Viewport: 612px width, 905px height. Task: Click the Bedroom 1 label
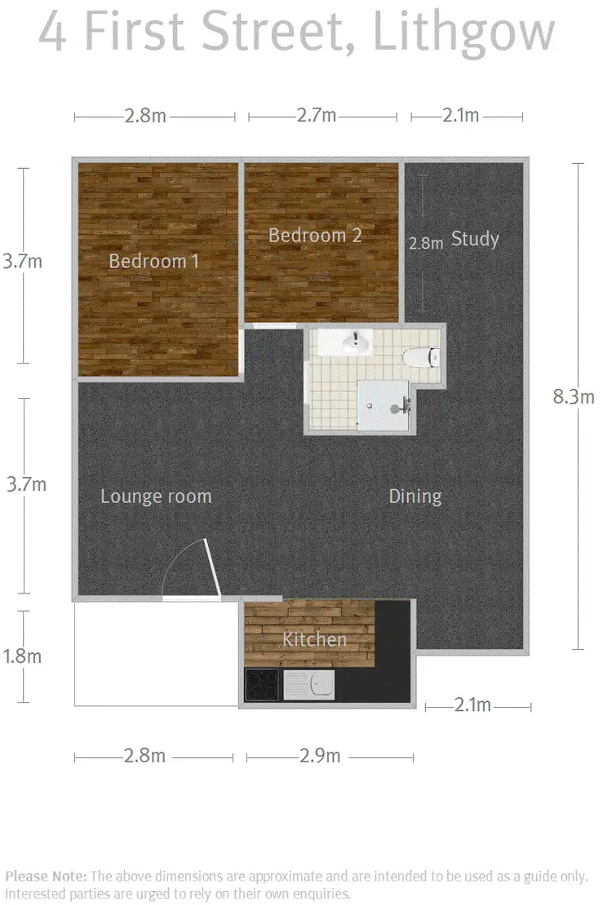pyautogui.click(x=154, y=261)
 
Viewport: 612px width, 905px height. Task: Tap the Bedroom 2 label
pyautogui.click(x=315, y=236)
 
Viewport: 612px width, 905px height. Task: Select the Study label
pyautogui.click(x=475, y=239)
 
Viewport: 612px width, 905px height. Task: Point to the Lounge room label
pyautogui.click(x=156, y=496)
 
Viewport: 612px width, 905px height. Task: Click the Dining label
pyautogui.click(x=415, y=496)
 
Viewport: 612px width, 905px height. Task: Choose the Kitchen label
pyautogui.click(x=315, y=639)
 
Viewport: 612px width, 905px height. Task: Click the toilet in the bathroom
pyautogui.click(x=423, y=355)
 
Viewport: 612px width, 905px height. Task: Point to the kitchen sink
pyautogui.click(x=310, y=685)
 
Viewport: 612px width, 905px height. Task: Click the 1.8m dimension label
pyautogui.click(x=23, y=656)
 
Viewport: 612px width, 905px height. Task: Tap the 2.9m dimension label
pyautogui.click(x=320, y=756)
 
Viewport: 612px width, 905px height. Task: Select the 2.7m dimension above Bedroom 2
pyautogui.click(x=317, y=116)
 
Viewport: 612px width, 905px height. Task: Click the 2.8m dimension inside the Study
pyautogui.click(x=426, y=242)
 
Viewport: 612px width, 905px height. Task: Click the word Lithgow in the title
pyautogui.click(x=463, y=33)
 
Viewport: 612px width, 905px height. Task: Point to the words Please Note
pyautogui.click(x=45, y=876)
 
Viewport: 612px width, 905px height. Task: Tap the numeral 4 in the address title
pyautogui.click(x=53, y=33)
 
